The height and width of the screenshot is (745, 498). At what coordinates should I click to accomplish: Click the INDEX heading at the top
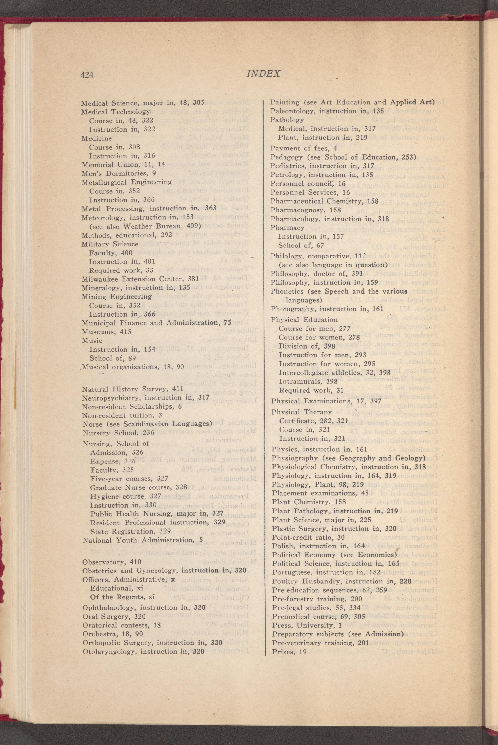pos(263,74)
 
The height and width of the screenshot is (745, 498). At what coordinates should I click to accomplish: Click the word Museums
pos(97,332)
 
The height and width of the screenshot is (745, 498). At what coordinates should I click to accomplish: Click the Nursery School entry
pos(118,433)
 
